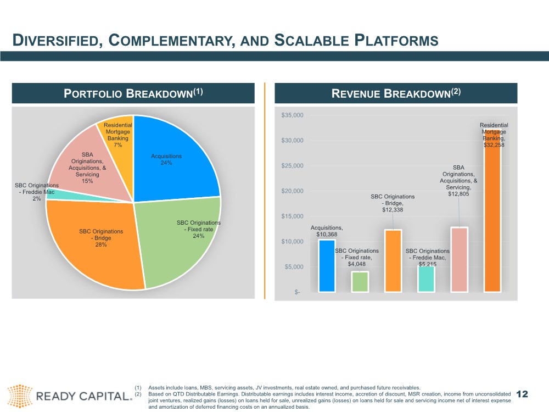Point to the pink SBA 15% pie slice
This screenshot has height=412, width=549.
point(87,165)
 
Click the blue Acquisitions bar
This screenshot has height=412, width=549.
point(327,266)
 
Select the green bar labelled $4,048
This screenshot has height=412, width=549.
point(360,282)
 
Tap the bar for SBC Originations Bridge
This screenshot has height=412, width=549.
point(393,261)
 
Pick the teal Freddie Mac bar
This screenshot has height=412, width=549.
point(426,279)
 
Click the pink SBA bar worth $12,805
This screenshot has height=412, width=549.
point(459,260)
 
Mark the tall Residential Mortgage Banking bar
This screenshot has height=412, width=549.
point(492,211)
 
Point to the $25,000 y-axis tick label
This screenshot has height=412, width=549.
point(293,166)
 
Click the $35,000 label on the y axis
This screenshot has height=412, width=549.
point(293,115)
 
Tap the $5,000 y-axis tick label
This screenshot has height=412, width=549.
point(294,267)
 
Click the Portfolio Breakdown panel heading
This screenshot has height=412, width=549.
point(133,93)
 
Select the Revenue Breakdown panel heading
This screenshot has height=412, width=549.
point(396,93)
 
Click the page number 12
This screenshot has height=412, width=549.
point(522,394)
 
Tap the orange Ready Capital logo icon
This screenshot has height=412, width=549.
point(20,396)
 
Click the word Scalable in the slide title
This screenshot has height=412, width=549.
point(311,40)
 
